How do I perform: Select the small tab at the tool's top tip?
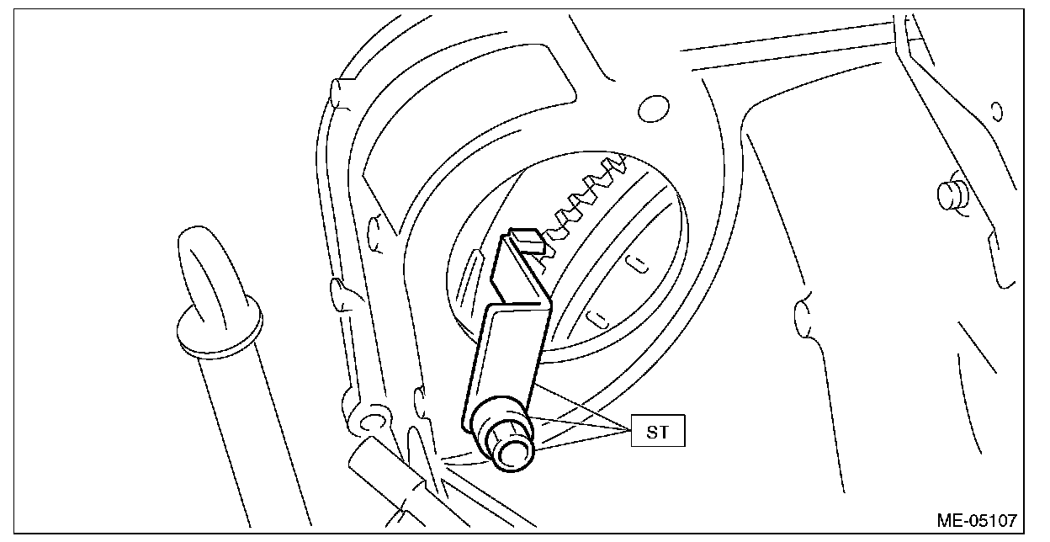pyautogui.click(x=527, y=241)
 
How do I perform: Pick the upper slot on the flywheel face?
pyautogui.click(x=639, y=262)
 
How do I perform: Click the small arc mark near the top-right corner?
pyautogui.click(x=998, y=110)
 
